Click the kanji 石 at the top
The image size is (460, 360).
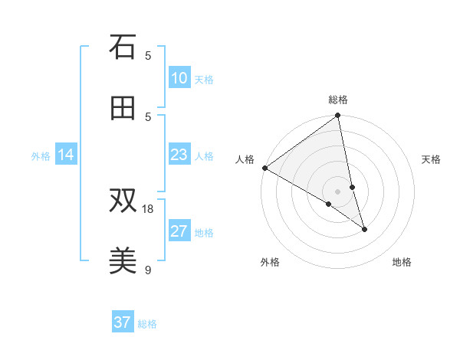[123, 47]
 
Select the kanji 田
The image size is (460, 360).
[123, 108]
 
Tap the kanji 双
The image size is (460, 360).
[123, 201]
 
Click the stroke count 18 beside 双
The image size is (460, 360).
[148, 208]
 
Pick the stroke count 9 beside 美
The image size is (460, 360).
[148, 270]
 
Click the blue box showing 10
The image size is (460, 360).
[179, 78]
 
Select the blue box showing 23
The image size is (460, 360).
[179, 155]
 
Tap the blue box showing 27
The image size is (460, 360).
[179, 231]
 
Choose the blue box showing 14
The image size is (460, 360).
[66, 155]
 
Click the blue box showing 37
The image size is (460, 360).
[123, 322]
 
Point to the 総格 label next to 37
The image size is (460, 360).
[147, 324]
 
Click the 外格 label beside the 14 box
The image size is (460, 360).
[41, 155]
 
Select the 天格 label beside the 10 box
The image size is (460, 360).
[204, 79]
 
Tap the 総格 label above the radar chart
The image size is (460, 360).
[338, 100]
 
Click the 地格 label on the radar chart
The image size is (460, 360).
[402, 262]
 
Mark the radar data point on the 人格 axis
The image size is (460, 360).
[264, 168]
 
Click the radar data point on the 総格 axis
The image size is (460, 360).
[338, 116]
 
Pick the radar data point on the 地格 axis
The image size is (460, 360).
[364, 229]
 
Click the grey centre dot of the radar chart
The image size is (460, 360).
[338, 191]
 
